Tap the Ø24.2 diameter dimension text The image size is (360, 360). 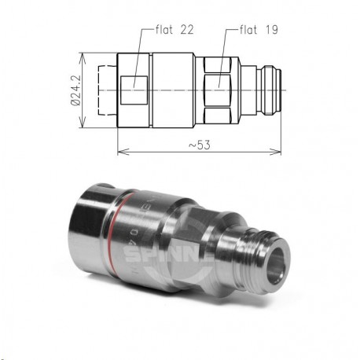(x=75, y=91)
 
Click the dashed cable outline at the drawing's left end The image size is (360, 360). (x=106, y=90)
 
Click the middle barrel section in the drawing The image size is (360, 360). (x=173, y=90)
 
